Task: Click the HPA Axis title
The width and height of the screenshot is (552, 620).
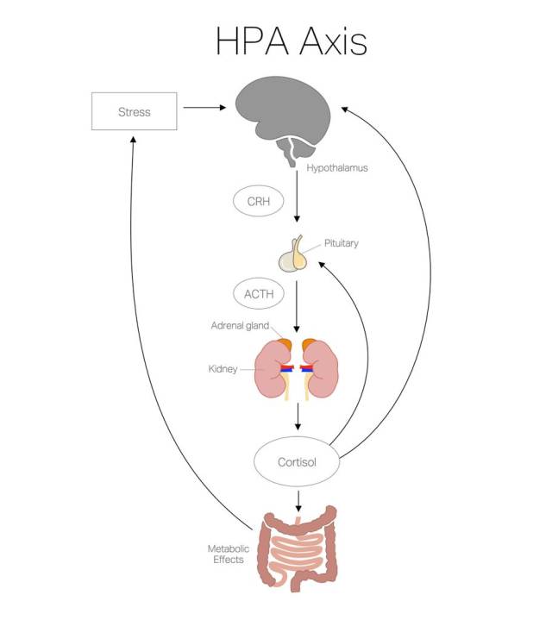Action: (292, 42)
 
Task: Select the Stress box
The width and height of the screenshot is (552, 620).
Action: (134, 110)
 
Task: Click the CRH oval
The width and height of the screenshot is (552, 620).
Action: (258, 200)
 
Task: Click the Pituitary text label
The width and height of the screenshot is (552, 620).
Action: (341, 243)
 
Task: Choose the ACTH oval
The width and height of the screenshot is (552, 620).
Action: (258, 294)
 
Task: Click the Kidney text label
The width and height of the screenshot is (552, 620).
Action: (223, 369)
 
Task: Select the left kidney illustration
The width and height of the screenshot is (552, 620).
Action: (272, 370)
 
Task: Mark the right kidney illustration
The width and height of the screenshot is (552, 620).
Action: (323, 370)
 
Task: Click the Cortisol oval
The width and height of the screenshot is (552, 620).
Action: (297, 462)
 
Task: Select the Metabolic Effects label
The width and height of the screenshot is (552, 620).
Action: (226, 554)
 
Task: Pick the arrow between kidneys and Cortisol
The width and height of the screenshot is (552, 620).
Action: (298, 416)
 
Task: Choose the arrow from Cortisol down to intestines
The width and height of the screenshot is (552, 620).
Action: (298, 498)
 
